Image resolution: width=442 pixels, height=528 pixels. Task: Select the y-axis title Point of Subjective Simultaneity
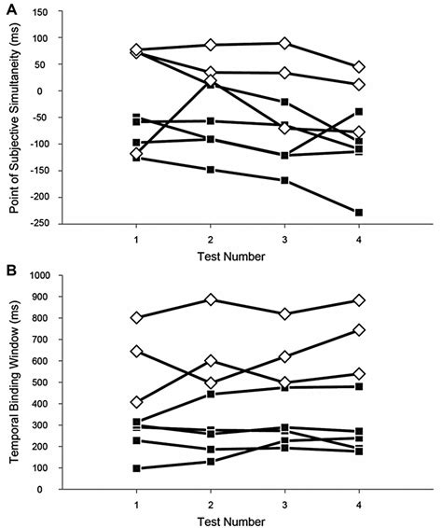16,118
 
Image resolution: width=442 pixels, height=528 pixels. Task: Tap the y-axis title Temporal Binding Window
16,382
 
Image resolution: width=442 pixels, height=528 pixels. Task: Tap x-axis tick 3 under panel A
283,239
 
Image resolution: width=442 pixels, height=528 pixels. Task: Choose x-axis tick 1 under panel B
138,505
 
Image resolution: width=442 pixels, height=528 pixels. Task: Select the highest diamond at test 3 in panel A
284,43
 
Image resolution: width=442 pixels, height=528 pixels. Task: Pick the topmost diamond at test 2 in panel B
211,300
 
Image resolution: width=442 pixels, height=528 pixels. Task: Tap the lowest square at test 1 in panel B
138,468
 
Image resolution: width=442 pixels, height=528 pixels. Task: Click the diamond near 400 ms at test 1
138,402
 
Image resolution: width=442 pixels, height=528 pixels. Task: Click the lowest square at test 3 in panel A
284,180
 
